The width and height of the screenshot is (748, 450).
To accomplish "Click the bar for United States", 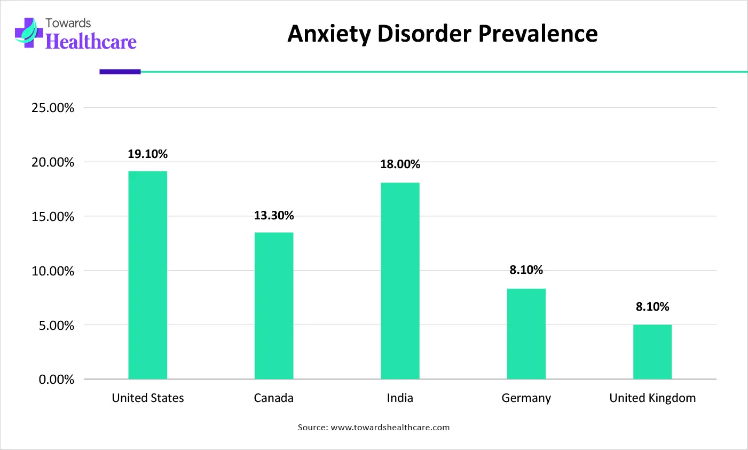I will [148, 275].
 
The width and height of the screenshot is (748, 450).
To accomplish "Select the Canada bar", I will [274, 305].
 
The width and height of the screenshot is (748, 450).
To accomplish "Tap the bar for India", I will [400, 281].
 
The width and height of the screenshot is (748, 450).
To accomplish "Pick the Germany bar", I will [526, 334].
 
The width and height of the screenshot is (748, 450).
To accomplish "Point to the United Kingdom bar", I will [652, 352].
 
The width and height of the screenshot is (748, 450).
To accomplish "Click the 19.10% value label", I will [148, 154].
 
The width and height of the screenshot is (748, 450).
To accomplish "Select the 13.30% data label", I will [274, 216].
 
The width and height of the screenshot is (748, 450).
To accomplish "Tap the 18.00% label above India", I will [400, 164].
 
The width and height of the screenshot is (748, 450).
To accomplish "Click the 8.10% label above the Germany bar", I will [526, 270].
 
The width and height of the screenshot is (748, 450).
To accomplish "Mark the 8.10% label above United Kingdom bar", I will [652, 307].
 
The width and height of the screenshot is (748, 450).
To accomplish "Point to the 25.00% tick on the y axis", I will [53, 108].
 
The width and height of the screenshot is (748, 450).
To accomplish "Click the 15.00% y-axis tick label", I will [53, 217].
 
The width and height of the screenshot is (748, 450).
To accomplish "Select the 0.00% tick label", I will [56, 380].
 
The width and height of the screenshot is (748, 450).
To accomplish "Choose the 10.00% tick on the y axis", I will [53, 271].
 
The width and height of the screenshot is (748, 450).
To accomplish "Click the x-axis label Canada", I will [274, 398].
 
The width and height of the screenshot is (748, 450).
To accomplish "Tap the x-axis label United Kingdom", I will [652, 398].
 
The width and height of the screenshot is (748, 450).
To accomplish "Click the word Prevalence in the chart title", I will [538, 34].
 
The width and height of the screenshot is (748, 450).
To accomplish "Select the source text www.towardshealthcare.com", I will [390, 428].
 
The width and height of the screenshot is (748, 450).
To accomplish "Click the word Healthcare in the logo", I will [91, 42].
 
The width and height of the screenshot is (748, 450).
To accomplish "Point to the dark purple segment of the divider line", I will [120, 72].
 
